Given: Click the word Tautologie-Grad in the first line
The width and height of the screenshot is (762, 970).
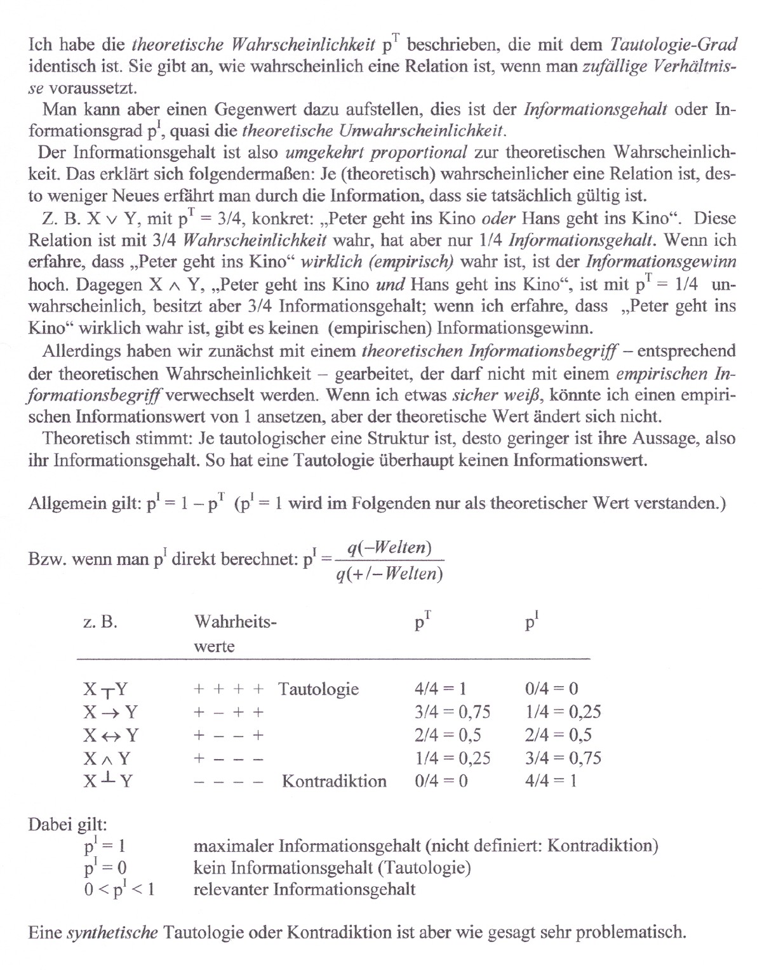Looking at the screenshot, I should coord(673,44).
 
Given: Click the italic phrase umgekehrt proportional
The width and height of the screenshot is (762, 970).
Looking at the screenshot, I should coord(377,152).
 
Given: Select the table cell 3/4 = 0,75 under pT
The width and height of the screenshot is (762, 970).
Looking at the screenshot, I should coord(452,712).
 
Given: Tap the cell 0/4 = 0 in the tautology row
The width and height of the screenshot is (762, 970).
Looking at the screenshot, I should coord(551,689).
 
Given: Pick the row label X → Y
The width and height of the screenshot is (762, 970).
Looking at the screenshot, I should coord(110,712).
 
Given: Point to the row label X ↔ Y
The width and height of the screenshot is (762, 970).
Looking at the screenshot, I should coord(110,735).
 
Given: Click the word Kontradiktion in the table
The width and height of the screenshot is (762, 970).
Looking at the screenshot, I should coord(334,781).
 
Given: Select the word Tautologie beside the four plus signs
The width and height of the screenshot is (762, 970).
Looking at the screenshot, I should coord(318,689).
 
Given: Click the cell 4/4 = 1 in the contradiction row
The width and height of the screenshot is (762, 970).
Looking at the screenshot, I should coord(551,781).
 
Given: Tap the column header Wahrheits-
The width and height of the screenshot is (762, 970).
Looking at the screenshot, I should coord(235,621).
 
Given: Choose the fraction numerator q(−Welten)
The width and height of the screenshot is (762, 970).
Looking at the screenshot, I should coord(390,548).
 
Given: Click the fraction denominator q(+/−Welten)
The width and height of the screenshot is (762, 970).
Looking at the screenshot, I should coord(389,575).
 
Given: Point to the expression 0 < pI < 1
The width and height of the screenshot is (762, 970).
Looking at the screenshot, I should coord(119,889).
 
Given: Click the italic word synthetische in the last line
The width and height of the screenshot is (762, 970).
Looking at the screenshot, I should coord(112,933).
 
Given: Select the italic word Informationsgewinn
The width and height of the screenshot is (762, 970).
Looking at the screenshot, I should coord(661,262).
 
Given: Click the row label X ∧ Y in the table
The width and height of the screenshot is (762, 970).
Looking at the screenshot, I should coord(107,758).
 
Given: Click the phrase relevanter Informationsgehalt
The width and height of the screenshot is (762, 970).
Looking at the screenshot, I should coord(304,889).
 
